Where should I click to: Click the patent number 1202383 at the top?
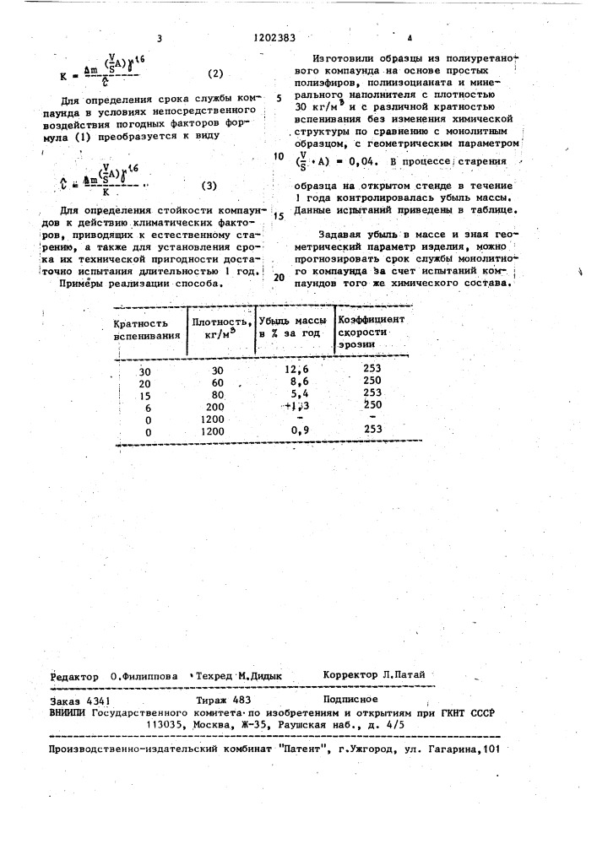(x=274, y=38)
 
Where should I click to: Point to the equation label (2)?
(x=216, y=74)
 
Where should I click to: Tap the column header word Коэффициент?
(x=372, y=320)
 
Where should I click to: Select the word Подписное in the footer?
(x=350, y=699)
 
